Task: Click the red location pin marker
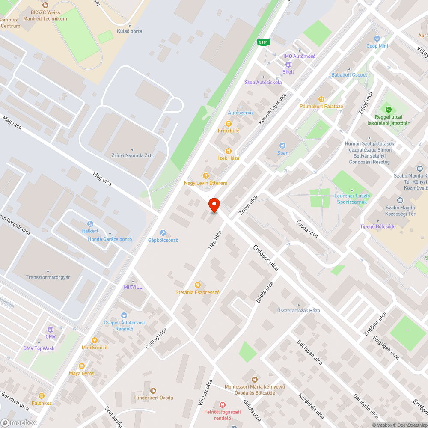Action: point(214,205)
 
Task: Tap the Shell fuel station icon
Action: point(288,65)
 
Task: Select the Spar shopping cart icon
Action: point(282,146)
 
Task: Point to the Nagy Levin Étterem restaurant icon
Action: point(206,176)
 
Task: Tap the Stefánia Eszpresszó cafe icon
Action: point(197,285)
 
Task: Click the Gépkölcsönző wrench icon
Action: point(163,233)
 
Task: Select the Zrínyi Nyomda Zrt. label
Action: point(132,155)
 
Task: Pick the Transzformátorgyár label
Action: point(48,277)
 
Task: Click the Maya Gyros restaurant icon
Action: point(81,366)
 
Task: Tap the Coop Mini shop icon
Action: point(377,39)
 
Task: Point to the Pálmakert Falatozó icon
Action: point(321,99)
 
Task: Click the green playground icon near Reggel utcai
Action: point(389,109)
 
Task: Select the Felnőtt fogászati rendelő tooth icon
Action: point(222,404)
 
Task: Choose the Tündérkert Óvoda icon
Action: point(153,390)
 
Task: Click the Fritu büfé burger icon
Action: point(229,123)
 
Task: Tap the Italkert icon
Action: point(90,224)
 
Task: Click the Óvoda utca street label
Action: point(307,229)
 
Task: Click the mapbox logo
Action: point(19,422)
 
